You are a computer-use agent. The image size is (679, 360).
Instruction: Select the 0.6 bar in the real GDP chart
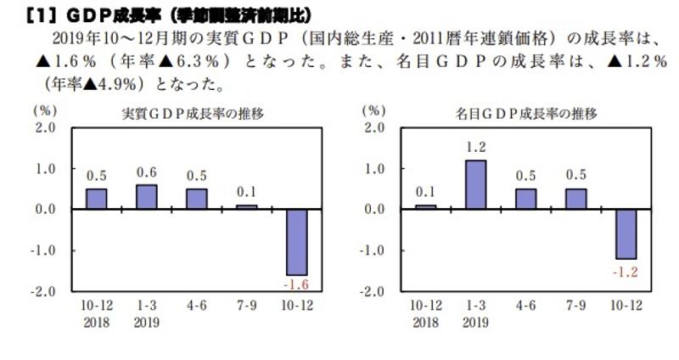pyautogui.click(x=147, y=196)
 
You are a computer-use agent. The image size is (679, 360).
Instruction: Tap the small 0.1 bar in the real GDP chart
pyautogui.click(x=248, y=206)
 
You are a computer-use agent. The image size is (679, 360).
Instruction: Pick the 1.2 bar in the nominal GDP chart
pyautogui.click(x=476, y=184)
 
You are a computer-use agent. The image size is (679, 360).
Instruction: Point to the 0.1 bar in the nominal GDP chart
pyautogui.click(x=426, y=206)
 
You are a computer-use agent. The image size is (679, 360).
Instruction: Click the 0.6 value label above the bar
pyautogui.click(x=147, y=172)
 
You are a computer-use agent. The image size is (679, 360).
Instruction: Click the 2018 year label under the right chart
pyautogui.click(x=426, y=321)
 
